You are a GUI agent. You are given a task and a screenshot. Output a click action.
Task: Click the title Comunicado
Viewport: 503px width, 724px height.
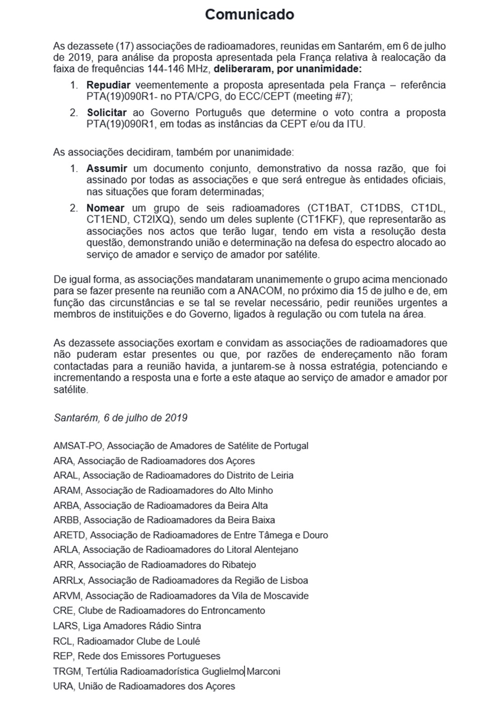(249, 15)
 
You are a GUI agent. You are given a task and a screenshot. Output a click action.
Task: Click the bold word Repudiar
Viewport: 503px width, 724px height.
(108, 85)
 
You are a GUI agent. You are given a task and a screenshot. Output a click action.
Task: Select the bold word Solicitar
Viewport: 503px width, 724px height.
(107, 113)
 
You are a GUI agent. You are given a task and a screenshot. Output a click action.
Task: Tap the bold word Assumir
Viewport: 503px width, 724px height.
(107, 168)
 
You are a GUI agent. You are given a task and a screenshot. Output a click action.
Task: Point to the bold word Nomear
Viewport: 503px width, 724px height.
(105, 208)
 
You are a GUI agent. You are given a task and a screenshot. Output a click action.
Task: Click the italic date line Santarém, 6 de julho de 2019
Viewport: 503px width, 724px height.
(120, 417)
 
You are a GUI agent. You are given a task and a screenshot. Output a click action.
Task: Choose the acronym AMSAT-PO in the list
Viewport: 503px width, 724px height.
(78, 446)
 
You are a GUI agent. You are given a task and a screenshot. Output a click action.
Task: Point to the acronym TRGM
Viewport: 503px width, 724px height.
(68, 671)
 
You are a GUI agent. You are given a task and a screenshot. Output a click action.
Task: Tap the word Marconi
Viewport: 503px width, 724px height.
(263, 671)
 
